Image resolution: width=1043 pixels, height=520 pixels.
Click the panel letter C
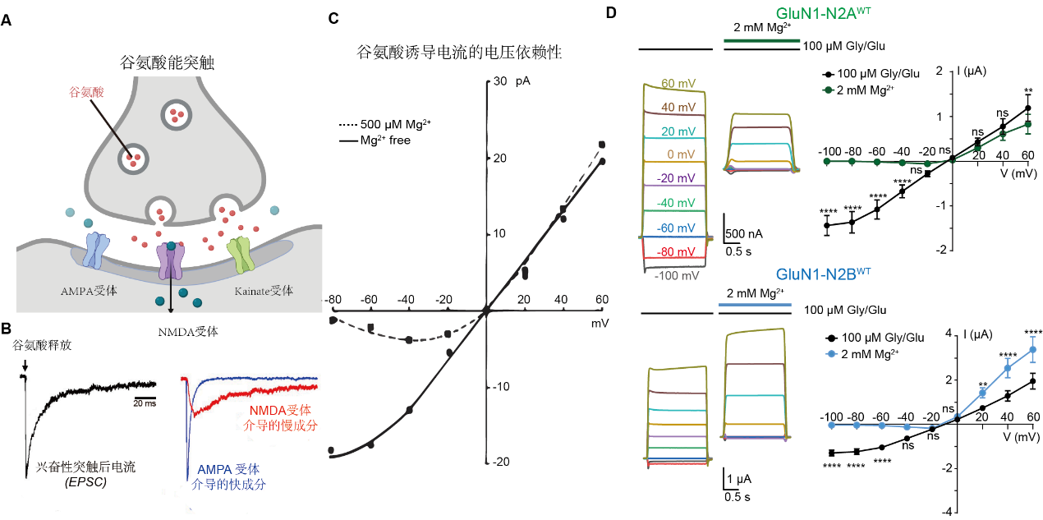coord(333,19)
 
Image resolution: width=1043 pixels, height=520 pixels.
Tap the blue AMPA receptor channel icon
coord(96,252)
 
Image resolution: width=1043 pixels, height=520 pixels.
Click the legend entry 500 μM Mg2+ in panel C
coord(385,125)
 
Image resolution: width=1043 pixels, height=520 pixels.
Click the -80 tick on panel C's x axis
coord(332,300)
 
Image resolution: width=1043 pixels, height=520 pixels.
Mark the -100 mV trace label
coord(677,275)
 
